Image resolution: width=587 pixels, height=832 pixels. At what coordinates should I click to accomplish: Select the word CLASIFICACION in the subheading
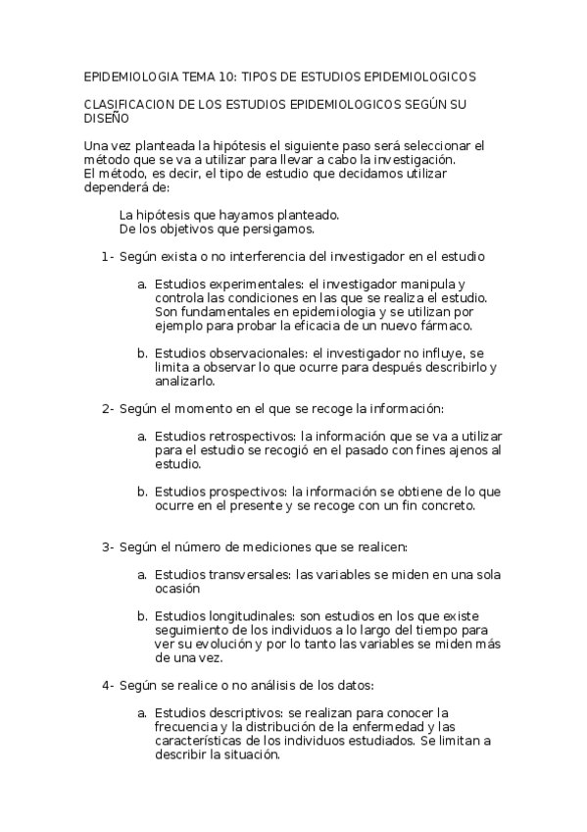pos(130,103)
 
